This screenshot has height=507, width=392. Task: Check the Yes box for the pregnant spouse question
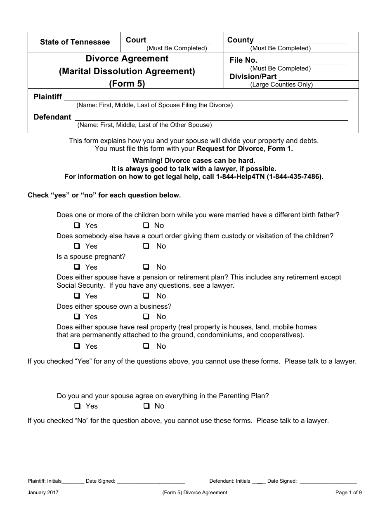coord(77,267)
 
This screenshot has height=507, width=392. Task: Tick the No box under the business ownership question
coord(146,317)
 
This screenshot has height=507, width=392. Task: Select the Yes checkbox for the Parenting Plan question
coord(77,406)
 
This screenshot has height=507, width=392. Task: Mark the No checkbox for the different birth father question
coord(146,225)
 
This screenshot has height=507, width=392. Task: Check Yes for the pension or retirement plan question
coord(77,296)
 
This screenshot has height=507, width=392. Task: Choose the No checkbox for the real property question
coord(146,346)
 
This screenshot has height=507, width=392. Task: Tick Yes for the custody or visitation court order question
coord(77,246)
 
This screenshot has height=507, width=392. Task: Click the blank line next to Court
coord(179,41)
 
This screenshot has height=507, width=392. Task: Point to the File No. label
coord(243,61)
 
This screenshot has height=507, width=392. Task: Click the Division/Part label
coord(253,77)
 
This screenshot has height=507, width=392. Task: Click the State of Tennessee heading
coord(75,42)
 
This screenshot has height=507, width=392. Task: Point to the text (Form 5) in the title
coord(127,84)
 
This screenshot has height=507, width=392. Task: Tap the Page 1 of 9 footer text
coord(348,493)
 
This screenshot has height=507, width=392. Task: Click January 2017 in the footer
coord(43,493)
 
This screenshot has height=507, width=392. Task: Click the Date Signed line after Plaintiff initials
coord(151,481)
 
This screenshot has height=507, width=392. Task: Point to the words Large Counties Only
coord(281,85)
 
